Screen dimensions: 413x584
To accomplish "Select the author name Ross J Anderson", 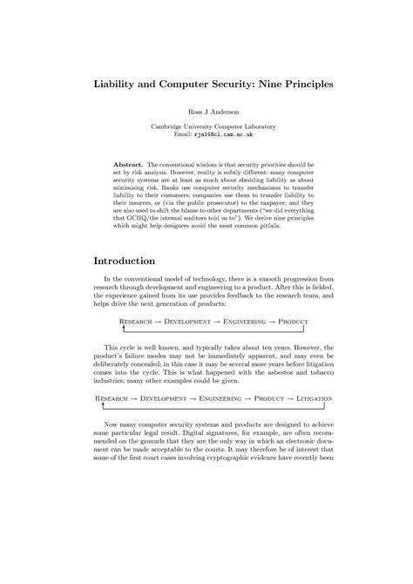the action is point(206,112).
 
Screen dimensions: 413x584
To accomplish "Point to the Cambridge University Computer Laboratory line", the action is point(206,127).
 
